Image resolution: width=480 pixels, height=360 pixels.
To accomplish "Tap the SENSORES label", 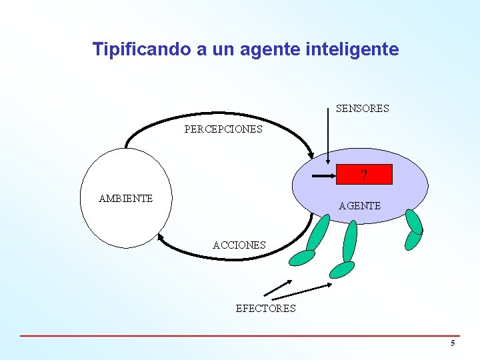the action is pos(362,108).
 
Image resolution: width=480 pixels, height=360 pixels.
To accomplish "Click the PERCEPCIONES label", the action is pos(223,129).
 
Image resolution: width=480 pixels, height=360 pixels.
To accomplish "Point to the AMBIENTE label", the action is pos(125,198).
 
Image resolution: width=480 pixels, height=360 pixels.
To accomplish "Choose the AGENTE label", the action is pos(359,206).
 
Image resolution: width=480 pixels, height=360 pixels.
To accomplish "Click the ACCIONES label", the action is pos(239,245).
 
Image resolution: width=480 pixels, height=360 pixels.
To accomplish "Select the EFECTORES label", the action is pos(265,308).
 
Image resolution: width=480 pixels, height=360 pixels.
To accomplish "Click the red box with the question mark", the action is pos(364,175).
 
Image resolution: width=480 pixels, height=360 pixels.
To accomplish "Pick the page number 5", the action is pos(453,343).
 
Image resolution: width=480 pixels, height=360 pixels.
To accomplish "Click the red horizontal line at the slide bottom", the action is pos(240,335).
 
